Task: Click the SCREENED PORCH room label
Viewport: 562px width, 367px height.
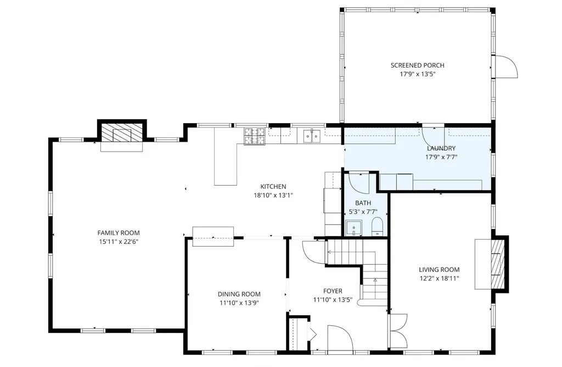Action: point(417,65)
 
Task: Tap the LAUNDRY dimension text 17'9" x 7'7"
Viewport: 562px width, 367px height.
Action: point(441,157)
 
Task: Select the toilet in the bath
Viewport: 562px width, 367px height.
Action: point(378,227)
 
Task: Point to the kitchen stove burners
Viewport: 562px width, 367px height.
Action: point(254,136)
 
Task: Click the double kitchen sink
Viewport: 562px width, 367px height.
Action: point(311,135)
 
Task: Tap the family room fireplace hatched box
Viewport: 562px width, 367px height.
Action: point(122,133)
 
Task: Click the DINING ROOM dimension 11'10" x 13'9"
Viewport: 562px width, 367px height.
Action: point(239,303)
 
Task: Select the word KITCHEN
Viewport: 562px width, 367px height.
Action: point(273,187)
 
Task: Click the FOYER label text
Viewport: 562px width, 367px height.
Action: point(333,291)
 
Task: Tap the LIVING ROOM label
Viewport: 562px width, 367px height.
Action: point(439,270)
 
